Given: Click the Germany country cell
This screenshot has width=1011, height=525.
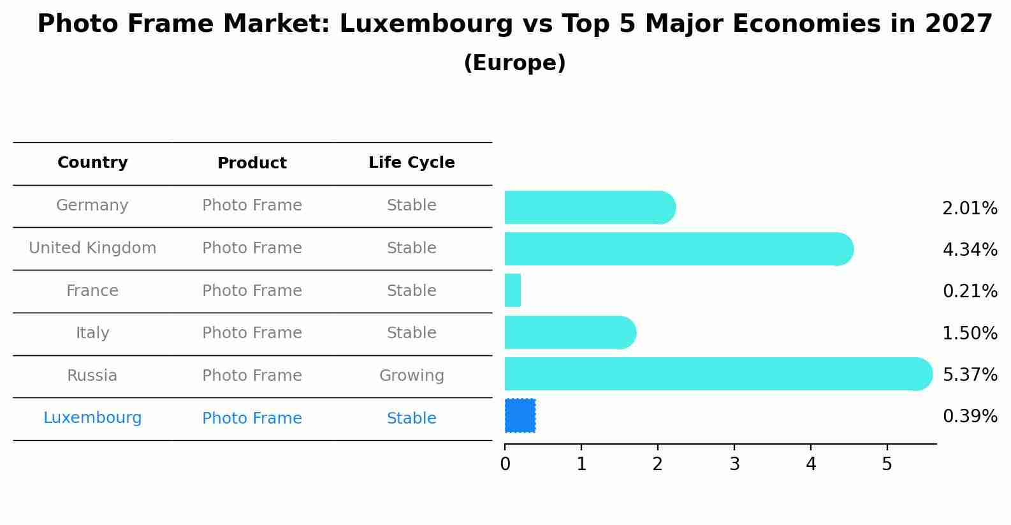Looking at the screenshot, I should [92, 205].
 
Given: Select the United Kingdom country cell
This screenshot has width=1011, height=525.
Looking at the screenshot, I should [92, 248].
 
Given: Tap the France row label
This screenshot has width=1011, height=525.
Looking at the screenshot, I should [92, 291].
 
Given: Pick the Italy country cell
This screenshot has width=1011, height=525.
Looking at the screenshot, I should [92, 333].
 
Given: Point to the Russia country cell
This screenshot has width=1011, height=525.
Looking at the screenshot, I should [92, 376].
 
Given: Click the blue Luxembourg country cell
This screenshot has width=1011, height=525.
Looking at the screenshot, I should [92, 418].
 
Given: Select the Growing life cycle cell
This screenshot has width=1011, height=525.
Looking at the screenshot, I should [411, 376].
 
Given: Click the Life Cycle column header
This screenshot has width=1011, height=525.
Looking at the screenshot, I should [411, 163].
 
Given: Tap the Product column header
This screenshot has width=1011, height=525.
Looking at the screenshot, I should [252, 163].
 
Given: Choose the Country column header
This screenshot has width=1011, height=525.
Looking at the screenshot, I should [92, 163].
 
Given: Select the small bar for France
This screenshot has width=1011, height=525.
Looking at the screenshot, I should [513, 290].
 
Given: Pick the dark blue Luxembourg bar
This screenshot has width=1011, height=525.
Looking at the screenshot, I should [520, 415].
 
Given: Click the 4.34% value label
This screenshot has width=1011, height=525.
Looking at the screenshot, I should [970, 249].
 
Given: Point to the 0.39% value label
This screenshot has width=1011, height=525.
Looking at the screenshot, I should [970, 417].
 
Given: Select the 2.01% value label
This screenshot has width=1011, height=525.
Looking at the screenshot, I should [970, 209].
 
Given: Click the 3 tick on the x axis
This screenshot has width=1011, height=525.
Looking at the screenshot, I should [734, 464].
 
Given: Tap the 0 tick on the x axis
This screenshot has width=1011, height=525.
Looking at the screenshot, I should [505, 464].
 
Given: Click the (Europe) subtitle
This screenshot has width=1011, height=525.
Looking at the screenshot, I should [514, 63].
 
